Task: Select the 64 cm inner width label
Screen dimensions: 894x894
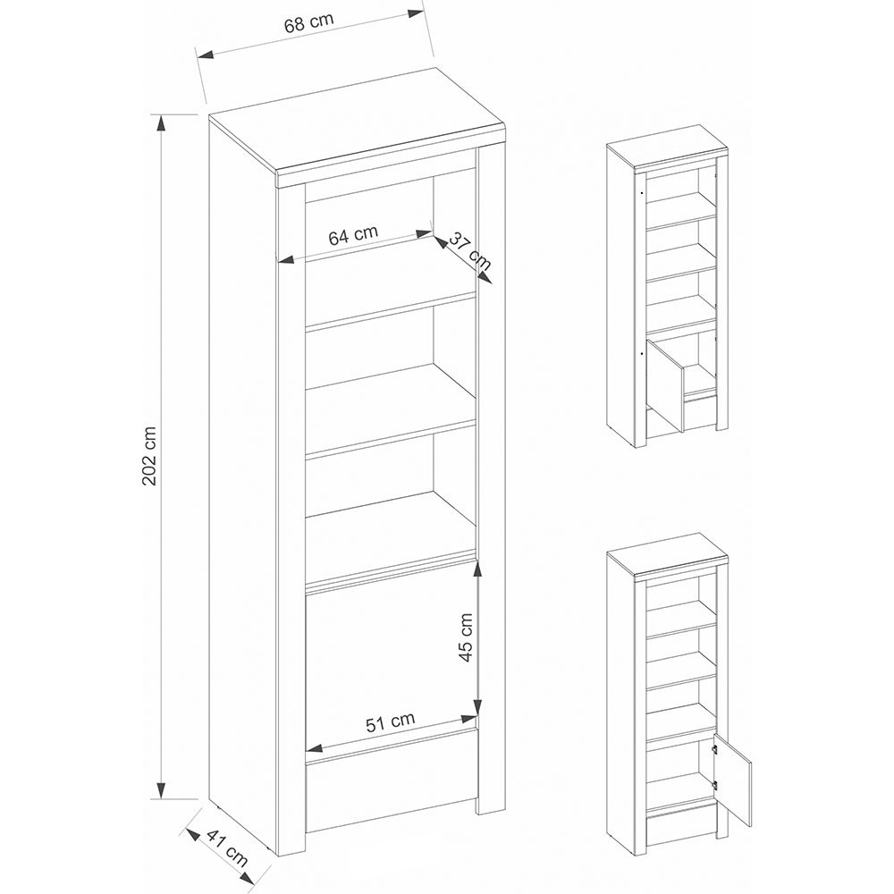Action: tap(353, 236)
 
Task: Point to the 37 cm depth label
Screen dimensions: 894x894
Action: tap(469, 251)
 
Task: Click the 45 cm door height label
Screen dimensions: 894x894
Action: tap(466, 637)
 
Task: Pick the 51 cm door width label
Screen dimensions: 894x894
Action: tap(391, 721)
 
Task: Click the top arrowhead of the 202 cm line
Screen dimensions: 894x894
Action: tap(161, 122)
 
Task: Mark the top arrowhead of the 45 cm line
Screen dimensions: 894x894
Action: tap(479, 569)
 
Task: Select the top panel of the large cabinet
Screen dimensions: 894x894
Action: tap(358, 134)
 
